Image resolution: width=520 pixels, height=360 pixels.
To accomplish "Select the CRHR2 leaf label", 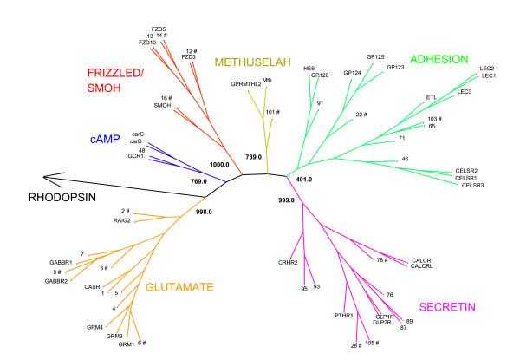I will point(289,261).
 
